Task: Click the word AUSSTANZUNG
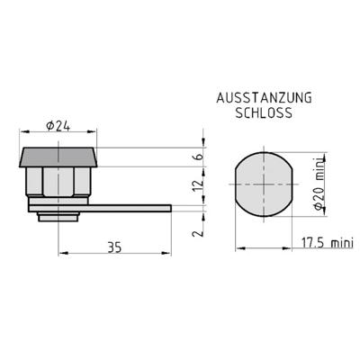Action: coord(264,98)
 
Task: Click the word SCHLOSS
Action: coord(264,112)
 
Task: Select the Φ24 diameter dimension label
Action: coord(58,126)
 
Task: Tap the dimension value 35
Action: coord(114,247)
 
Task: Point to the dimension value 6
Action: coord(199,157)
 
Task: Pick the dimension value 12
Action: coord(199,185)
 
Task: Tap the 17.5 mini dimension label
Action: coord(327,243)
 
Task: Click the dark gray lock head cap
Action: coord(58,157)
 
